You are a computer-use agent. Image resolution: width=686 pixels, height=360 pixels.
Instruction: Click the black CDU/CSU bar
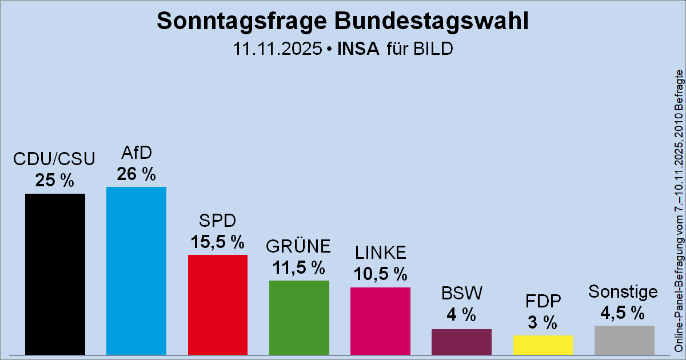[55, 274]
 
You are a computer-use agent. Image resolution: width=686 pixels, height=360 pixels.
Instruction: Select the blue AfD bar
[136, 270]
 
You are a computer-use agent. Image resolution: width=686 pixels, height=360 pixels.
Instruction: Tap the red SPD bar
[217, 304]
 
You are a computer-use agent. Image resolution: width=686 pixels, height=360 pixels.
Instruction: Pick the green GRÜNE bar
[299, 317]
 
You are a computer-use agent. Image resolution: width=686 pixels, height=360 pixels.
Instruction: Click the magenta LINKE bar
[380, 320]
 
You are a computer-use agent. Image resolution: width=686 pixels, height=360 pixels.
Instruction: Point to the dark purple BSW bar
[461, 341]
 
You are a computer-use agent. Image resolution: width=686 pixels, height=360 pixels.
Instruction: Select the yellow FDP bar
[543, 345]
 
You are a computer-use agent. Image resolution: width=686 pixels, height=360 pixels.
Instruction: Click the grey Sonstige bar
[624, 339]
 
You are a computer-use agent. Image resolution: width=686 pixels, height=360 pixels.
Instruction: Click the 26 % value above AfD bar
[136, 174]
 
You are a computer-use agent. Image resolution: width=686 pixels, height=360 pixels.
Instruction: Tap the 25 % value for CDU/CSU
[55, 181]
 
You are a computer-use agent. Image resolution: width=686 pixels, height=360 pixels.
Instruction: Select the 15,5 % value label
[217, 242]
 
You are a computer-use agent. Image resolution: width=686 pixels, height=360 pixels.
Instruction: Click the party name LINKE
[380, 252]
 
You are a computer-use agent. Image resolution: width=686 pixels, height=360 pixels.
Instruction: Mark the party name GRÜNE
[298, 246]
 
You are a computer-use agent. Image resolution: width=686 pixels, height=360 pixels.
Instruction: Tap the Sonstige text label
[623, 291]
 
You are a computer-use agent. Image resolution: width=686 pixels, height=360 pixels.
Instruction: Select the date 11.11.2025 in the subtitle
[276, 49]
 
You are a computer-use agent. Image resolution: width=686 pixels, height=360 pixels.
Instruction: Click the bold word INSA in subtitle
[358, 49]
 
